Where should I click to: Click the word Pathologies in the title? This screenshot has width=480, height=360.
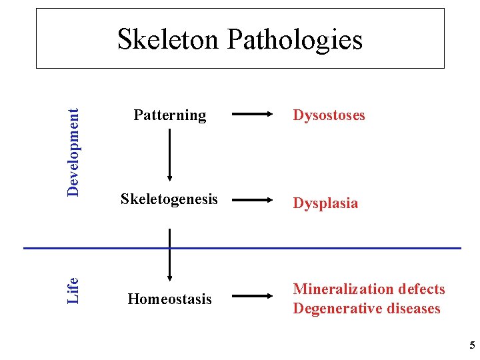pos(295,40)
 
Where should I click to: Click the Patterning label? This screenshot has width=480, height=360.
pos(170,115)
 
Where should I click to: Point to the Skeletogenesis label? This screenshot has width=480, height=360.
pos(169,199)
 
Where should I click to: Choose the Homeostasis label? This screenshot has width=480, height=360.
pos(169,299)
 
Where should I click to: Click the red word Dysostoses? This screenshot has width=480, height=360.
pos(329,115)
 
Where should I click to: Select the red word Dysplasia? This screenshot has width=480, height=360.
pos(325,203)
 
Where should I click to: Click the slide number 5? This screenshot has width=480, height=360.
pos(472,345)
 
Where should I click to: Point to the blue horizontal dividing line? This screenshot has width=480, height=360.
pos(333,248)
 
